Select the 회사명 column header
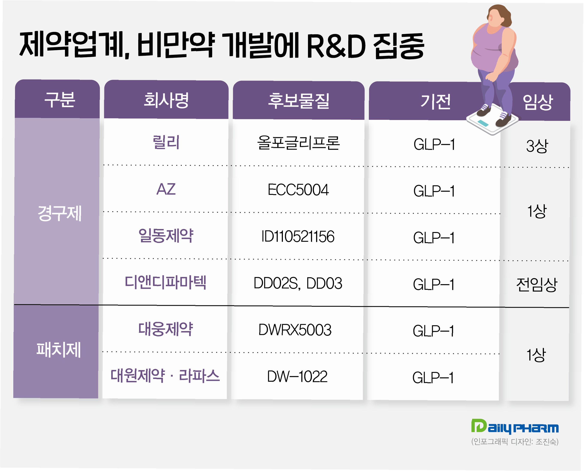click(166, 100)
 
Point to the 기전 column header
click(435, 101)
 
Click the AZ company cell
click(166, 189)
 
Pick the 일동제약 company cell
click(166, 235)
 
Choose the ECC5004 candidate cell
click(298, 190)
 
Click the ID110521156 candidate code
click(298, 236)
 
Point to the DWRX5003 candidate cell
click(295, 330)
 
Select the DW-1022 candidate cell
click(297, 377)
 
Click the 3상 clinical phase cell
click(537, 146)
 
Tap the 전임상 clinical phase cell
click(537, 284)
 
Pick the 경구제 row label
click(59, 213)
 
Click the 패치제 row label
click(59, 350)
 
